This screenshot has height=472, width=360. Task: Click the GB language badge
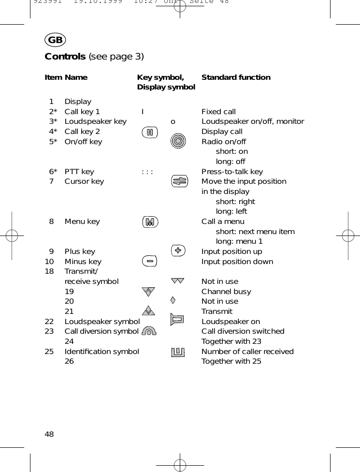(x=56, y=40)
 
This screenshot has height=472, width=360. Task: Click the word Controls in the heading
(x=65, y=57)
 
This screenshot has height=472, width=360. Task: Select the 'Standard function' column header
(x=236, y=77)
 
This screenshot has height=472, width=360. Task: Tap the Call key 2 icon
(x=150, y=132)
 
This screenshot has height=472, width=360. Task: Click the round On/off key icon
(x=179, y=141)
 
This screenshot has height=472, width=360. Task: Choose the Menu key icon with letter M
(x=151, y=222)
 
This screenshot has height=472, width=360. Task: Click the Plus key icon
(x=178, y=251)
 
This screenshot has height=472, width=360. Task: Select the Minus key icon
(x=150, y=261)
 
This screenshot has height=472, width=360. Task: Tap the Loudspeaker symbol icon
(x=178, y=320)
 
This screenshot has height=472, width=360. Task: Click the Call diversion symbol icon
(x=150, y=331)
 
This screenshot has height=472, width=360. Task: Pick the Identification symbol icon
(x=178, y=352)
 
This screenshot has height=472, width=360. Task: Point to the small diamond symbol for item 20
(x=173, y=300)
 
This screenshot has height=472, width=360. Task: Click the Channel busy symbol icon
(x=149, y=292)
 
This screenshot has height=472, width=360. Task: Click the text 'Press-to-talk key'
(x=232, y=172)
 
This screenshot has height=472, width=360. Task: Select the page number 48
(x=49, y=434)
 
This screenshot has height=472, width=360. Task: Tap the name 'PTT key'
(x=79, y=172)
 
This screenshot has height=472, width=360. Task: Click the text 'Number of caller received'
(x=247, y=352)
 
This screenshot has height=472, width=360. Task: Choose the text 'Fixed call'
(x=218, y=112)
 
